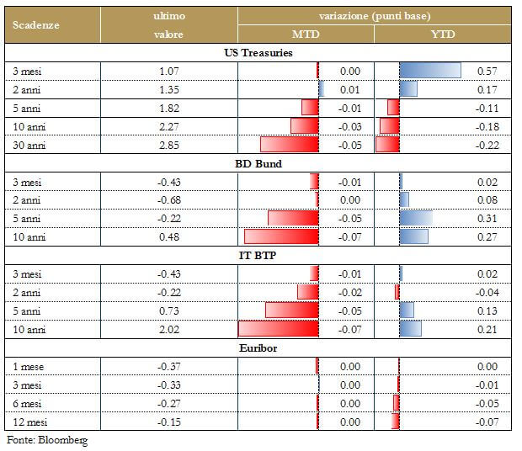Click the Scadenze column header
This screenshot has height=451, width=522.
point(35,24)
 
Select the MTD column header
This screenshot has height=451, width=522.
point(306,34)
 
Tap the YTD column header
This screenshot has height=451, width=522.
point(442,34)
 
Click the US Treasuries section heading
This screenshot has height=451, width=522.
point(263,53)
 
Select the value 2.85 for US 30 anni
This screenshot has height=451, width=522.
point(169,145)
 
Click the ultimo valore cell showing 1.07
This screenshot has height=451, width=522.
point(169,72)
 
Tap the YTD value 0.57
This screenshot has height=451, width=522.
point(487,72)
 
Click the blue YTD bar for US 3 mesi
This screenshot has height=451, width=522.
point(430,72)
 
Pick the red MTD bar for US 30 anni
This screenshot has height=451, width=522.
point(290,145)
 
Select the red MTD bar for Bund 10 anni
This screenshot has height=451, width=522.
point(281,236)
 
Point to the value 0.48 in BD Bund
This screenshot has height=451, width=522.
point(169,236)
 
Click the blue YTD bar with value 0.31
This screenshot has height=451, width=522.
point(416,219)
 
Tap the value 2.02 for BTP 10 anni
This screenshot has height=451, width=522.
point(169,328)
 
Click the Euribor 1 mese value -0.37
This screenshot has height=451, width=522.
point(169,366)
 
